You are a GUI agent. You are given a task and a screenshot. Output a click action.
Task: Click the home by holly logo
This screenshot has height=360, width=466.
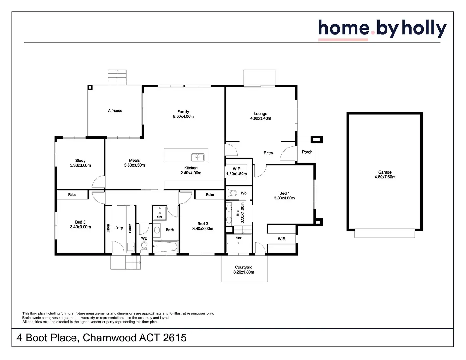tap(382, 29)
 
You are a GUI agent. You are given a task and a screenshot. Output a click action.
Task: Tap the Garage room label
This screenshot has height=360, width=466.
tap(385, 172)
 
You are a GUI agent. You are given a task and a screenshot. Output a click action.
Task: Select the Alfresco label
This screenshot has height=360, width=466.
tap(115, 111)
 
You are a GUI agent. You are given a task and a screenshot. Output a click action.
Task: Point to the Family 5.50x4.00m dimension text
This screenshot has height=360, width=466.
tap(183, 117)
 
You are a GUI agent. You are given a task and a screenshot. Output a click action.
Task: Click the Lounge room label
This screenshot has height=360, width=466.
tap(261, 113)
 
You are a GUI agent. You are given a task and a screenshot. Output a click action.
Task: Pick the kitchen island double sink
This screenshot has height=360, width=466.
tap(198, 157)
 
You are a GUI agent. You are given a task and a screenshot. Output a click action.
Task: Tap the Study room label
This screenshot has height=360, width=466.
tap(80, 161)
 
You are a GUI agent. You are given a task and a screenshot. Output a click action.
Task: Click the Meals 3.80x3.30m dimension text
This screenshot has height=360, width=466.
tap(135, 165)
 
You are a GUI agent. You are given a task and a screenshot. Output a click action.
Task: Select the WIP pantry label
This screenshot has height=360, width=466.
tap(236, 169)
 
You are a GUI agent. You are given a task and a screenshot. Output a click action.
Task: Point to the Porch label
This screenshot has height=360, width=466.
tap(307, 152)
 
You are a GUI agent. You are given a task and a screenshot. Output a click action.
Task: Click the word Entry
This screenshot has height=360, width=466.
tap(268, 153)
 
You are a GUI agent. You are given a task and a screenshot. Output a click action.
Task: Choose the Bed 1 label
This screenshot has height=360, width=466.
tap(284, 193)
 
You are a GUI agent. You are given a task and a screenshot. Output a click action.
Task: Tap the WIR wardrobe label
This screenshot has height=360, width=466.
tap(281, 239)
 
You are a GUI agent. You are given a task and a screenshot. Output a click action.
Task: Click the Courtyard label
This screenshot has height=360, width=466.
tap(243, 267)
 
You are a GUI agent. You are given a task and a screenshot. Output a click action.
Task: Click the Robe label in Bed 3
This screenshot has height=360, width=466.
tap(72, 195)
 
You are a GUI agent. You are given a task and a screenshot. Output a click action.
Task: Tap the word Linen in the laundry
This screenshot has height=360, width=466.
tap(108, 228)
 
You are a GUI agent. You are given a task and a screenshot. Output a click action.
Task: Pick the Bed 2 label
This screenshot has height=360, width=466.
tap(203, 224)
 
